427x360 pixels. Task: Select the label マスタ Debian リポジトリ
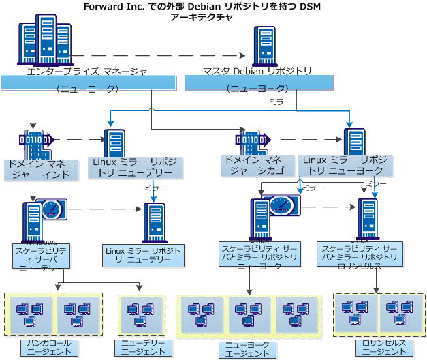(x=257, y=71)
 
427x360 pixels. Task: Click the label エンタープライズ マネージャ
(x=87, y=71)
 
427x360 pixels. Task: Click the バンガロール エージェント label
(x=48, y=347)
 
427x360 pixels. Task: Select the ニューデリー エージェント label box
(x=143, y=347)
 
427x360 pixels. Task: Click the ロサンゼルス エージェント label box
(x=379, y=347)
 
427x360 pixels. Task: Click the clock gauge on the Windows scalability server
(x=52, y=209)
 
